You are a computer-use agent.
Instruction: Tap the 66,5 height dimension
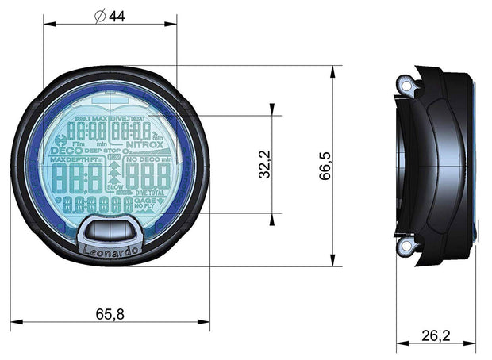(324, 166)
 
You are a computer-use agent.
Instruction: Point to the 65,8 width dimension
(110, 314)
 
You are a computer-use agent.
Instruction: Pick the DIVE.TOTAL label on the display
(151, 193)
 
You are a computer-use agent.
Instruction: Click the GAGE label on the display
(144, 201)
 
